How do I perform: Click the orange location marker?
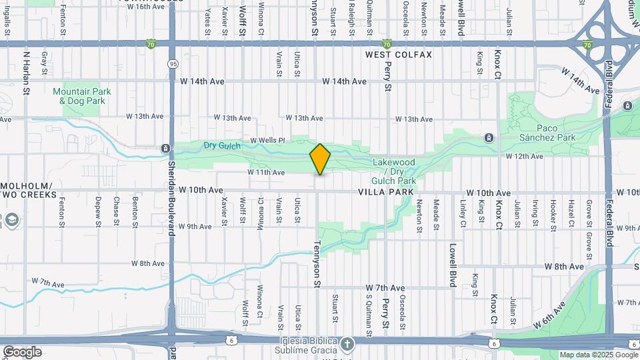(321, 159)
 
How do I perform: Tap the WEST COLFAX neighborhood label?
(399, 55)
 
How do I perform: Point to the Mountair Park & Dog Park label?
(82, 96)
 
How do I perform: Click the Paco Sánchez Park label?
(556, 132)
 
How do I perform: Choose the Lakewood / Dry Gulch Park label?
(393, 171)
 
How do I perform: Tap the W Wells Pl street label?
(267, 141)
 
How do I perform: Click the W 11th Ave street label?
(266, 173)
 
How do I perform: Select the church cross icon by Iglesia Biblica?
(346, 344)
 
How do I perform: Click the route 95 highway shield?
(173, 64)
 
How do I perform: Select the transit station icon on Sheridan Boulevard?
(165, 148)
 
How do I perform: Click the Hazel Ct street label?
(571, 209)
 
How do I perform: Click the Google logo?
(22, 352)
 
